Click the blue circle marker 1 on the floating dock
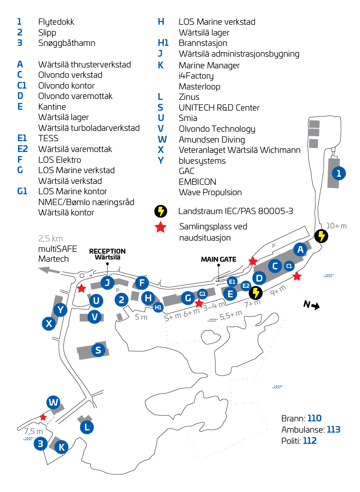point(338,173)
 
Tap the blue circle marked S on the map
point(98,350)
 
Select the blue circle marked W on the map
point(54,402)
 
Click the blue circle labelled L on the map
point(87,427)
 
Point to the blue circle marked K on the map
point(62,447)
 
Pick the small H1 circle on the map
point(158,308)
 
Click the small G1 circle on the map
point(202,294)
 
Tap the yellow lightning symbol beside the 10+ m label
point(321,236)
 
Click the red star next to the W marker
point(43,417)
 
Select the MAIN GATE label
point(218,259)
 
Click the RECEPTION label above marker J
point(108,251)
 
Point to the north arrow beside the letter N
point(315,306)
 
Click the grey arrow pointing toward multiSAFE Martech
point(49,269)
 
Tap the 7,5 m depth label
point(33,431)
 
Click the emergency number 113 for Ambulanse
point(333,429)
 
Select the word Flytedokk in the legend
point(56,22)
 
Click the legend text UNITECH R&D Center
point(219,107)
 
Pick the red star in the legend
point(160,227)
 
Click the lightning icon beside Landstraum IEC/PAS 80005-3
point(161,211)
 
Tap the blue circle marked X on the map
point(49,323)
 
